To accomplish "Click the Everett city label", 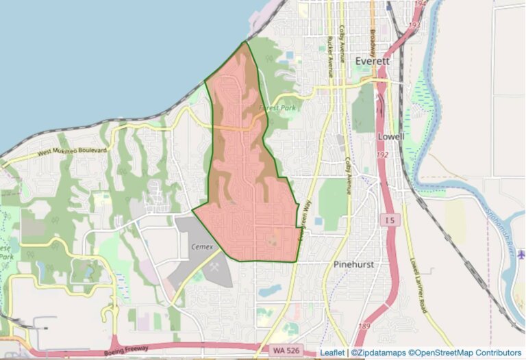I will tap(372, 62).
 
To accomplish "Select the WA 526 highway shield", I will tap(290, 348).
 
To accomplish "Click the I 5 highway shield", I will tap(389, 220).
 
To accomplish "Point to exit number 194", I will tap(419, 3).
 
